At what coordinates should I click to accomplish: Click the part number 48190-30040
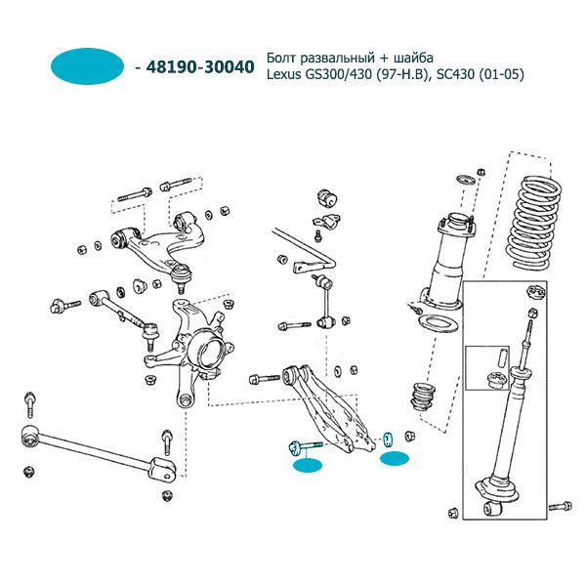tap(200, 67)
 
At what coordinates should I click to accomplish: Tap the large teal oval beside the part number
tap(87, 66)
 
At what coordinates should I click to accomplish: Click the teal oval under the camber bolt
tap(308, 466)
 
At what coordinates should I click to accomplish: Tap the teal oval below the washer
tap(395, 458)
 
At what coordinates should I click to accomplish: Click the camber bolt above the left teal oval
tap(306, 447)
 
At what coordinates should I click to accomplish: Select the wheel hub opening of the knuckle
tap(209, 352)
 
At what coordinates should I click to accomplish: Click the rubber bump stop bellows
tap(424, 397)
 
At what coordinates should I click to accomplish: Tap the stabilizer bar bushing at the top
tap(327, 197)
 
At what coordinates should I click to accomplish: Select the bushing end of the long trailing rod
tap(30, 437)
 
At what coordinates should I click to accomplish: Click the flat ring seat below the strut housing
tap(437, 323)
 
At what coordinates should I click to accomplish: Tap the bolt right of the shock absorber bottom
tap(561, 506)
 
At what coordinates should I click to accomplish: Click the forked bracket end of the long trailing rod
tap(163, 468)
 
